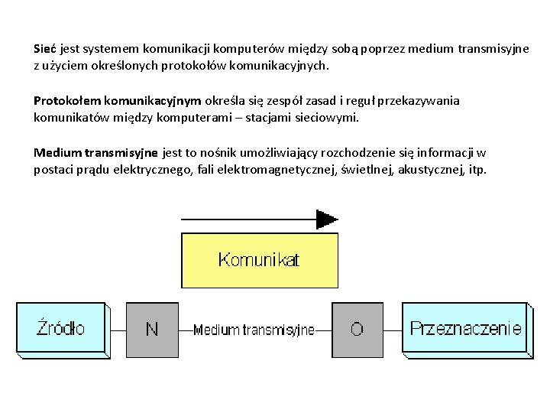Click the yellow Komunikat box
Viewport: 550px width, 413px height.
coord(259,260)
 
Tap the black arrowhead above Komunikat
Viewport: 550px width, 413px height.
coord(327,220)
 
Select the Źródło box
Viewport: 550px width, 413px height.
coord(62,329)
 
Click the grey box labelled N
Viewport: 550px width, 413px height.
coord(152,330)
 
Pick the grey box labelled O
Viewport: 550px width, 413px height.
coord(357,330)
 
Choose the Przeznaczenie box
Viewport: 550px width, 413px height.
coord(465,329)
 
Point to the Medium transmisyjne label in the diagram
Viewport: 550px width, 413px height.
coord(254,330)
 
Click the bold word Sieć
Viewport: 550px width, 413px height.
coord(45,48)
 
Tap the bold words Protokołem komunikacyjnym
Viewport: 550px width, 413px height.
coord(117,100)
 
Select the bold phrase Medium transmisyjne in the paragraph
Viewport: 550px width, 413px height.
coord(95,152)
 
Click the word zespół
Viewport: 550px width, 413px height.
coord(296,100)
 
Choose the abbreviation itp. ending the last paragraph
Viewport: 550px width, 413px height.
coord(478,169)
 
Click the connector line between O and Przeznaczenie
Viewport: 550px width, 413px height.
coord(392,330)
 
